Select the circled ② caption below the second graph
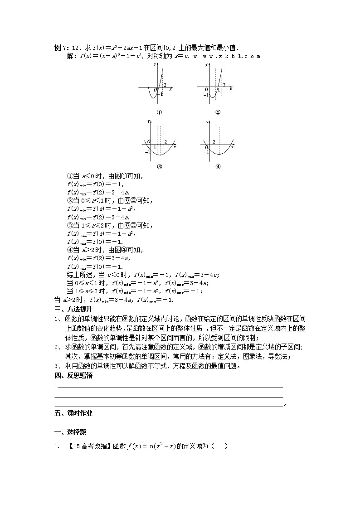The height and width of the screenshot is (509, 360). pyautogui.click(x=218, y=112)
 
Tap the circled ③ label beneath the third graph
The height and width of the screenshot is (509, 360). pyautogui.click(x=159, y=166)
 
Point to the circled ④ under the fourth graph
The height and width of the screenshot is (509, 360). pyautogui.click(x=218, y=166)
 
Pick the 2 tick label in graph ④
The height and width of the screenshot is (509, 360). pyautogui.click(x=214, y=142)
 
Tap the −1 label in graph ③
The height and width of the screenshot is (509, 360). pyautogui.click(x=147, y=151)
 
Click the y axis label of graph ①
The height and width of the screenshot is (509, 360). pyautogui.click(x=155, y=64)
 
